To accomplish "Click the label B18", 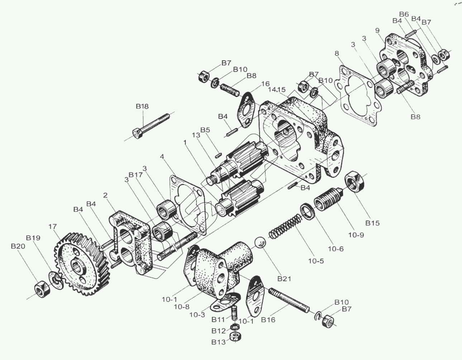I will click(x=142, y=106).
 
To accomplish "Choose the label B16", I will click(x=268, y=320).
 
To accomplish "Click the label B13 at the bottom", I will click(x=219, y=342).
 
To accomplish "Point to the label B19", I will click(x=33, y=238).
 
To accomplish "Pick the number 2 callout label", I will click(x=105, y=195).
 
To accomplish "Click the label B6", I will click(x=404, y=14).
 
